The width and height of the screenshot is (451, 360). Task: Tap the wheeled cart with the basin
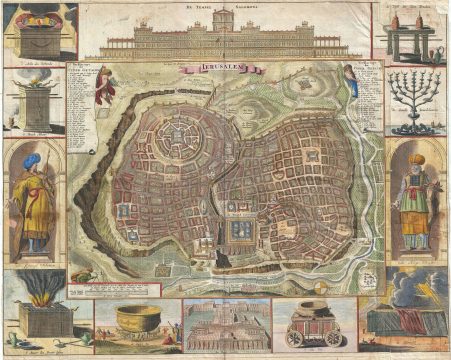coord(314,325)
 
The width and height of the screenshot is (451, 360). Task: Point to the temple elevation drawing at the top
coord(226,36)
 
